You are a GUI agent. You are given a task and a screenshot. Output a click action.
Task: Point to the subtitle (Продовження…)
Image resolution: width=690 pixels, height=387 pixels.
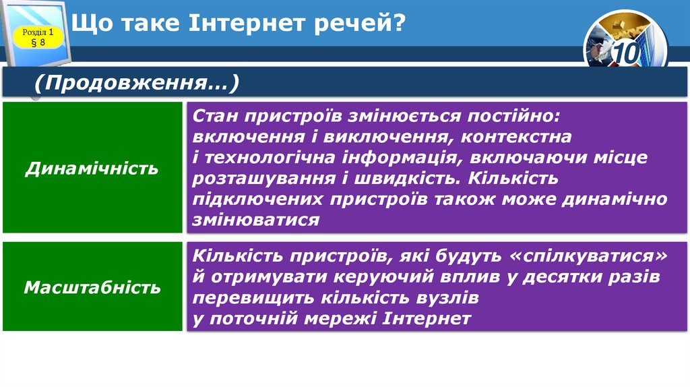pos(137,84)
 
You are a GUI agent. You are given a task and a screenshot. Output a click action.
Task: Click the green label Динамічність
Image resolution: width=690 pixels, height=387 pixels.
pos(92,168)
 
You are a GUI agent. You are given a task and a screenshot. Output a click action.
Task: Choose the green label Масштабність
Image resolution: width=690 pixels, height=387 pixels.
pos(92,288)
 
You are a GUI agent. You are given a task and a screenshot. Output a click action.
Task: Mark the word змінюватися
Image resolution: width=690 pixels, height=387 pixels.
pos(255,220)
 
